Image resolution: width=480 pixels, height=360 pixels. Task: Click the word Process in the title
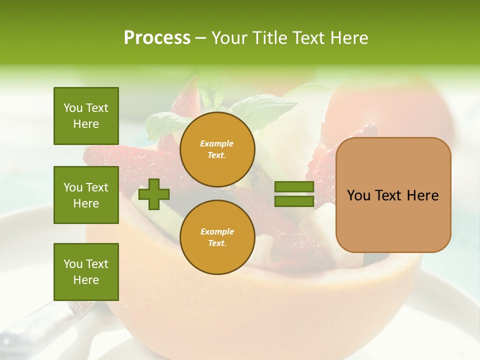point(157,38)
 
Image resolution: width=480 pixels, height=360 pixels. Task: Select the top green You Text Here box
point(86,116)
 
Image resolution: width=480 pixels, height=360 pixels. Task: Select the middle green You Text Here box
point(86,195)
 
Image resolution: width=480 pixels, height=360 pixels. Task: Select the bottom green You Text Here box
point(86,272)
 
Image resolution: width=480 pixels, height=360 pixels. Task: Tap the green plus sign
point(154,194)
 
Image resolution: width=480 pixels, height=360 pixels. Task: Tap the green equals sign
point(294,194)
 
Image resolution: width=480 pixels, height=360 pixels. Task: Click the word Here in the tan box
point(422,195)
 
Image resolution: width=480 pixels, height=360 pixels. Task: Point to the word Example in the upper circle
point(217,143)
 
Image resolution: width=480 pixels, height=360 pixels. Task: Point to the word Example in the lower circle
point(217,231)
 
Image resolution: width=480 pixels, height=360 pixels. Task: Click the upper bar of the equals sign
point(294,187)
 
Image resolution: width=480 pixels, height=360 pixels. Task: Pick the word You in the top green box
point(73,108)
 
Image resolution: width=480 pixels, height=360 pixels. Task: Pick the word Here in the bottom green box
point(86,280)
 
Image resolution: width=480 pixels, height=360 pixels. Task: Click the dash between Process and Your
point(201,38)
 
